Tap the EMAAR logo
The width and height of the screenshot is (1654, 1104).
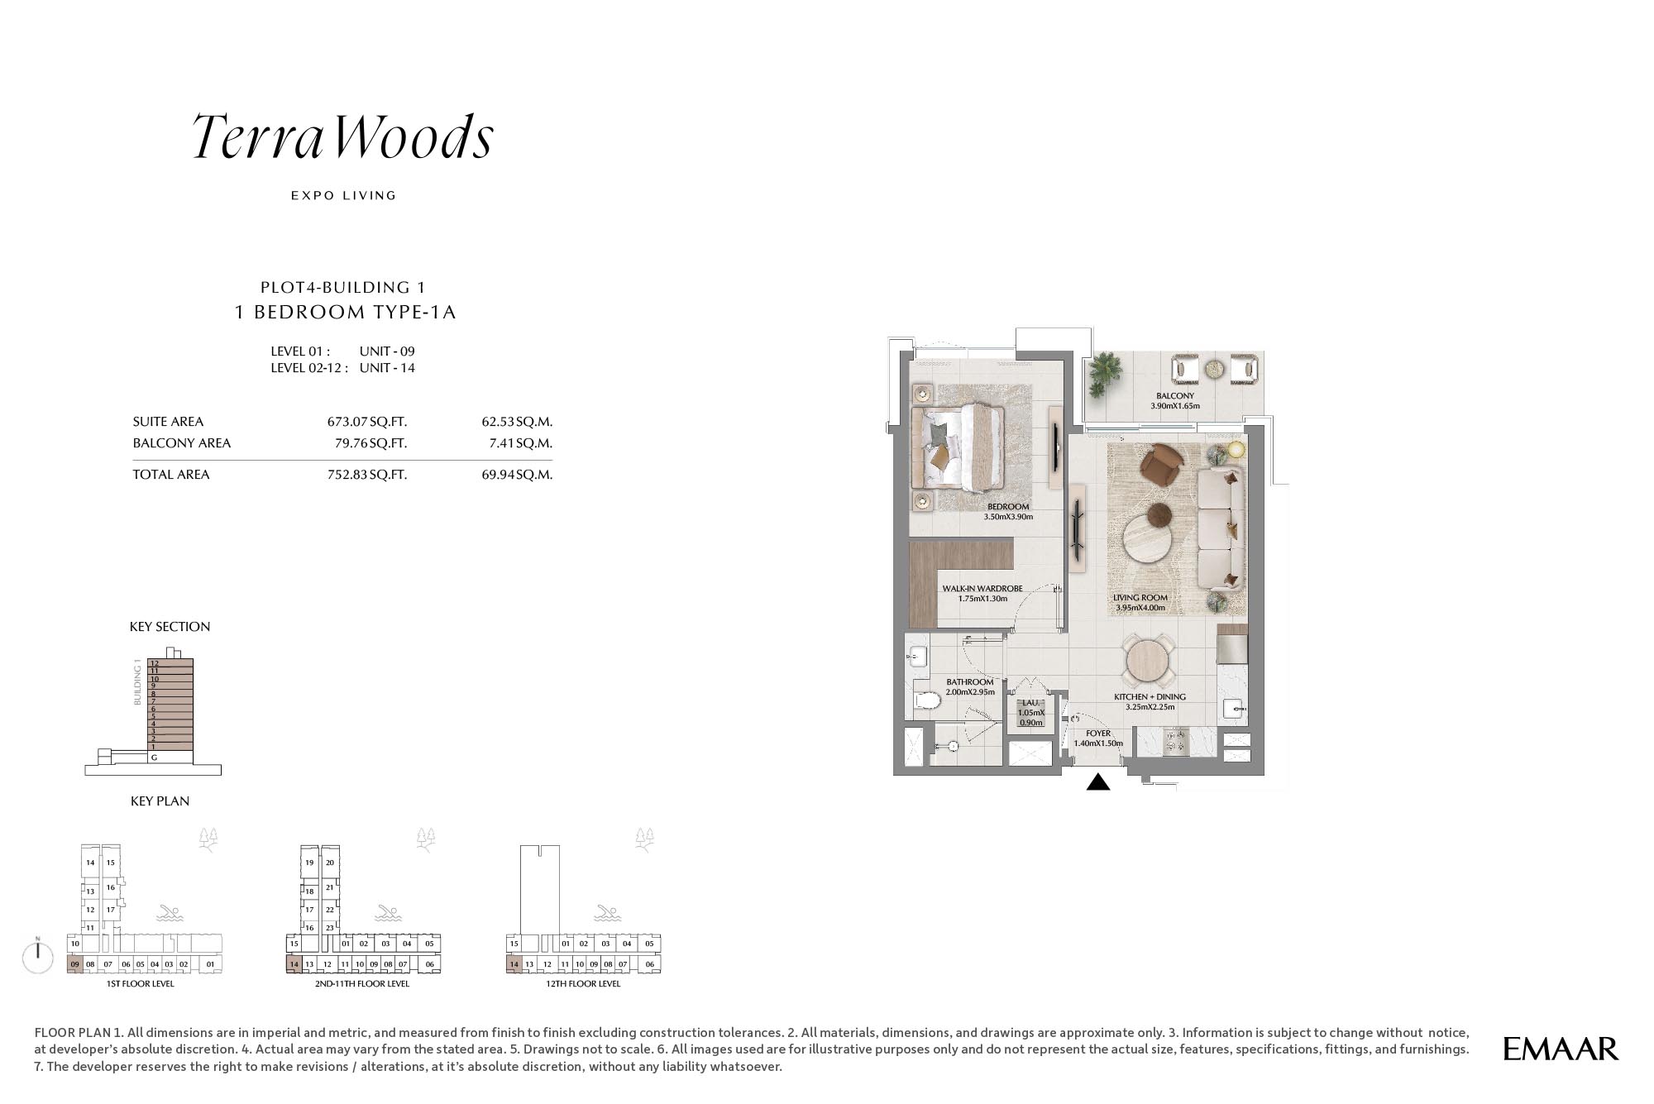tap(1561, 1049)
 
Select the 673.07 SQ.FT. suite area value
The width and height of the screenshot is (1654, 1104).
tap(367, 422)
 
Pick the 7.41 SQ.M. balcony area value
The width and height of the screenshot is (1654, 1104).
tap(520, 443)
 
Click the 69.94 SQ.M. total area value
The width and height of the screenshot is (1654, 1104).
tap(517, 475)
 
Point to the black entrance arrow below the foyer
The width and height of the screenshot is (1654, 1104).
tap(1097, 781)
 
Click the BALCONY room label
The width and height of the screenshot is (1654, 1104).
tap(1175, 396)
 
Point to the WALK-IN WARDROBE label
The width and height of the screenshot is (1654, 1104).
tap(982, 589)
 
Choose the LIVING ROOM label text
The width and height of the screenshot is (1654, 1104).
tap(1140, 598)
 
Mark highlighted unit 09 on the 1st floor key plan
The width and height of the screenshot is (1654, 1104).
tap(74, 964)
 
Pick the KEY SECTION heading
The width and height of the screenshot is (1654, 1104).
tap(170, 627)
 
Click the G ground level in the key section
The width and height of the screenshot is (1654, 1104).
tap(154, 758)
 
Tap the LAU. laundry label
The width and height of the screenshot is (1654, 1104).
tap(1030, 703)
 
